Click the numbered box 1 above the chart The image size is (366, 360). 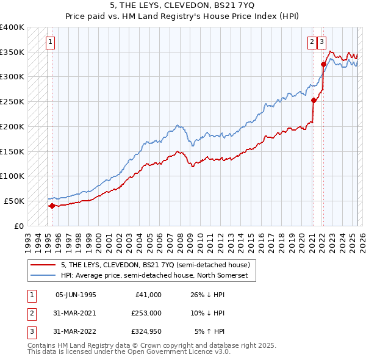click(50, 42)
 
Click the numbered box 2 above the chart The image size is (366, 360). click(312, 42)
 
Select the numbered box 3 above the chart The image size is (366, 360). click(321, 42)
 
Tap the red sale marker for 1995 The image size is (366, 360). click(52, 206)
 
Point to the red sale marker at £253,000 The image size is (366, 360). click(314, 100)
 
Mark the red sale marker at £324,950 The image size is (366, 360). click(323, 64)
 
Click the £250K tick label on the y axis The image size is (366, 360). click(12, 101)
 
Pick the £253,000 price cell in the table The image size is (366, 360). click(146, 313)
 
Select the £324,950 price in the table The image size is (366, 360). click(146, 331)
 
